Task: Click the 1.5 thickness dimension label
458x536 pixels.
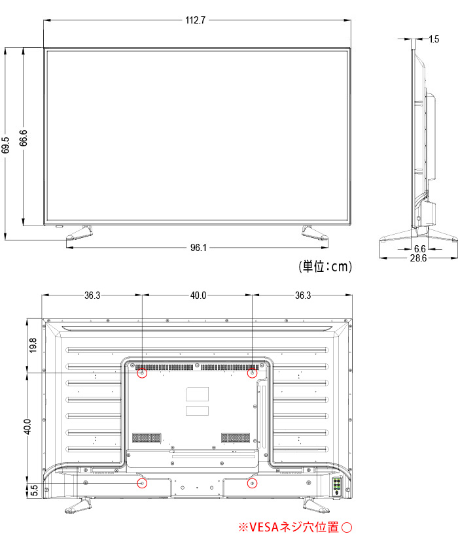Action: (434, 39)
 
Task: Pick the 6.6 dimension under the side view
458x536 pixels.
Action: (419, 249)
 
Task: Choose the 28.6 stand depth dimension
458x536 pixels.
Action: (418, 259)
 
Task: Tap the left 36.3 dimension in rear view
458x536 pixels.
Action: (92, 295)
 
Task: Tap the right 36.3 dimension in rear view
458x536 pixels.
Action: (302, 295)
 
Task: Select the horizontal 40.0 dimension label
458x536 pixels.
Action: (198, 295)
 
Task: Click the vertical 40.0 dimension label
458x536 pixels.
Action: (27, 427)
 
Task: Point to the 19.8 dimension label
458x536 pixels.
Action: (33, 345)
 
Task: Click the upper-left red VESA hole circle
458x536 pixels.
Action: (142, 374)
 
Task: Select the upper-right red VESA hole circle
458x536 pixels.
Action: (252, 374)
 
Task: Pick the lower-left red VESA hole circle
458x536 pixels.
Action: (142, 483)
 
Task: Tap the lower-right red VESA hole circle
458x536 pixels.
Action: (253, 483)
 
